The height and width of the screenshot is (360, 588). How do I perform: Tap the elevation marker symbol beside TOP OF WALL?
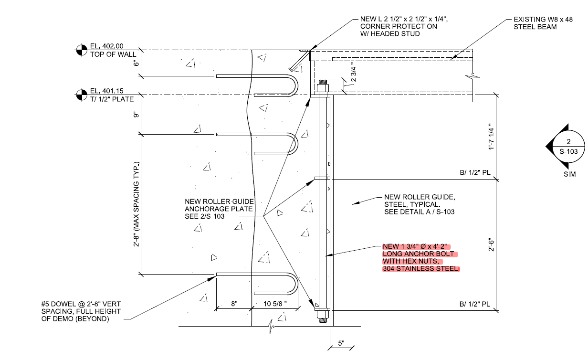coord(82,50)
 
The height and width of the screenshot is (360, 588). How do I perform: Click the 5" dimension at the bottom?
coord(341,343)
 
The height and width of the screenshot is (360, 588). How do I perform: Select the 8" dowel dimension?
coord(234,304)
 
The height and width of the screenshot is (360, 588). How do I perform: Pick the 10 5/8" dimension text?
coord(275,304)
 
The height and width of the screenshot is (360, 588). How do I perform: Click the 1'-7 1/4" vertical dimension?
coord(489,138)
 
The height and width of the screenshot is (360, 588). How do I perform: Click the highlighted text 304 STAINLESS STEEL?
coord(420,269)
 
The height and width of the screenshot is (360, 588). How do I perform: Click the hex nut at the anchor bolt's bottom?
coord(323,314)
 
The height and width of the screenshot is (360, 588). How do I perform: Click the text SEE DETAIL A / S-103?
coord(419,212)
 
